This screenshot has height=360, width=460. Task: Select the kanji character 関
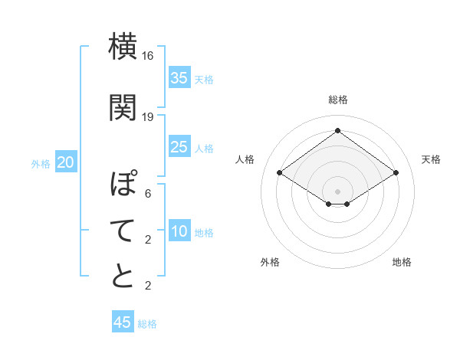click(123, 107)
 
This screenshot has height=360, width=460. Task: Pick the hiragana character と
click(123, 276)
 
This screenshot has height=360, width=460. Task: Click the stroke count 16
click(148, 56)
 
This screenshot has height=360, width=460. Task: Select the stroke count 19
click(148, 117)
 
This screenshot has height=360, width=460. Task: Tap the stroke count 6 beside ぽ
click(148, 194)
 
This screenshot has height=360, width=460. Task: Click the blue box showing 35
click(179, 78)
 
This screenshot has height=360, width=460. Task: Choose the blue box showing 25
click(179, 147)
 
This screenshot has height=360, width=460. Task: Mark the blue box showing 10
click(179, 231)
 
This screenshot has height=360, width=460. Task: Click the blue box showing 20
click(66, 162)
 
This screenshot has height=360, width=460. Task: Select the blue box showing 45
click(123, 322)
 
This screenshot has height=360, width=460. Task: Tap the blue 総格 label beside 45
click(147, 324)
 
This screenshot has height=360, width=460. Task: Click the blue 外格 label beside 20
click(41, 164)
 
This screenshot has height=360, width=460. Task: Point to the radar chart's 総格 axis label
click(337, 100)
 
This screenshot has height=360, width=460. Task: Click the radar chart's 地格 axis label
click(402, 262)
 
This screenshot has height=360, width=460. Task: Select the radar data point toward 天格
click(396, 173)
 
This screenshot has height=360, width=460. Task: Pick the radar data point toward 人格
click(279, 173)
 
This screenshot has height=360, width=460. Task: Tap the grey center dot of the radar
click(337, 190)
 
